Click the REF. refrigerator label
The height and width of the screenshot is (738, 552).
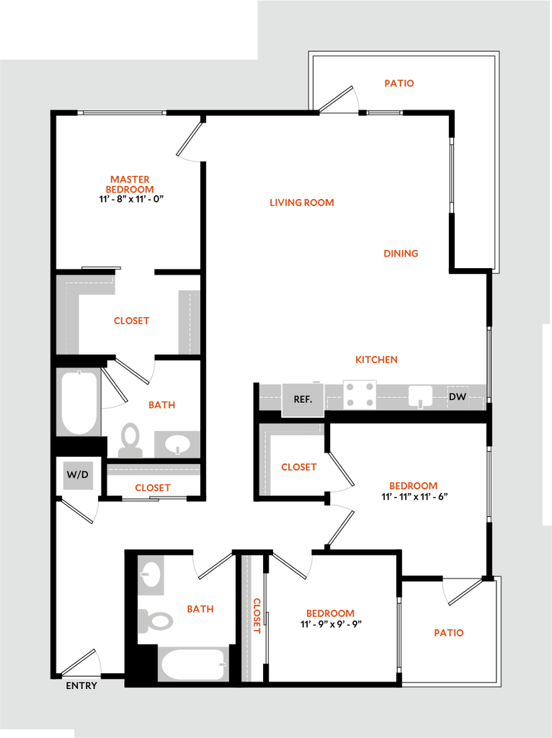pyautogui.click(x=303, y=399)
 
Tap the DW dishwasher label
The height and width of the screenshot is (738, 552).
pyautogui.click(x=458, y=397)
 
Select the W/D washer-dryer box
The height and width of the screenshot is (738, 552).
pyautogui.click(x=78, y=475)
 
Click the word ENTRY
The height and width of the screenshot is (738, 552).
pyautogui.click(x=81, y=686)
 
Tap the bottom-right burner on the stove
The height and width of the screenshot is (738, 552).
pyautogui.click(x=369, y=404)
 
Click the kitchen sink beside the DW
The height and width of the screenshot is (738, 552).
pyautogui.click(x=420, y=396)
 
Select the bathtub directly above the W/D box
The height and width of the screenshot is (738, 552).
pyautogui.click(x=79, y=402)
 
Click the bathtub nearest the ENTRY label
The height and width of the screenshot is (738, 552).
pyautogui.click(x=193, y=664)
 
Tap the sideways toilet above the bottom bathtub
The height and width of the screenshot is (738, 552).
pyautogui.click(x=157, y=620)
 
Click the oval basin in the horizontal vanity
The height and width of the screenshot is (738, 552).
pyautogui.click(x=177, y=445)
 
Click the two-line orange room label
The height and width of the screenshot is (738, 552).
pyautogui.click(x=130, y=184)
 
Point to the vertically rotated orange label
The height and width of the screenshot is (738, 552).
pyautogui.click(x=257, y=615)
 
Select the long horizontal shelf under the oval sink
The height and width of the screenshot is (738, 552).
pyautogui.click(x=153, y=470)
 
